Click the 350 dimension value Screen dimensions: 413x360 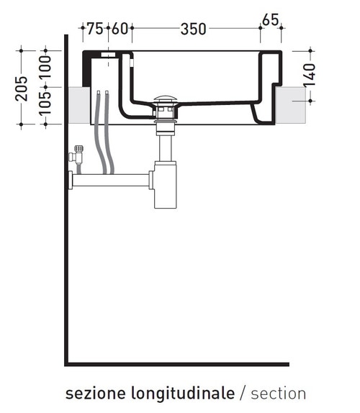coord(194,29)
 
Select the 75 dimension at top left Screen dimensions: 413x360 coord(95,29)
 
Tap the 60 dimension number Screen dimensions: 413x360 coord(120,29)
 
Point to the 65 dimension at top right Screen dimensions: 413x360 coord(271,20)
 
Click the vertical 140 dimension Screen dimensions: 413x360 coord(310,76)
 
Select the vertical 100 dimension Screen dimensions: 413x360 coord(45,68)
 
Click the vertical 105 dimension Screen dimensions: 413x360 coord(45,106)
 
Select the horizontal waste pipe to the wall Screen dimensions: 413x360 coord(112,179)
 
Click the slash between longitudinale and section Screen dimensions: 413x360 coord(242,394)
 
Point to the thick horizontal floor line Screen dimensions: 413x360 coord(180,364)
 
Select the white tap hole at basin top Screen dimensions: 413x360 coord(108,54)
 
